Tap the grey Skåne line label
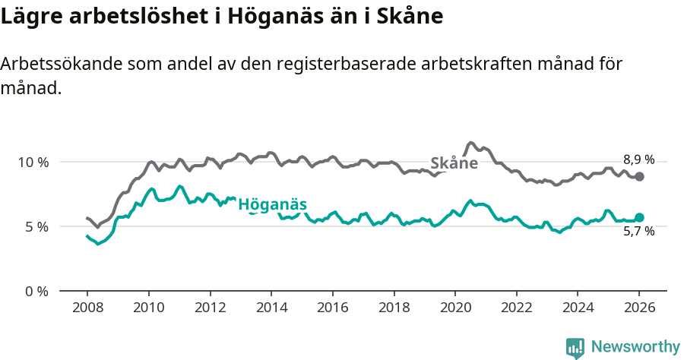coord(454,163)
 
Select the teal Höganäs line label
coord(272,204)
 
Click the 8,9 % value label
coord(638,159)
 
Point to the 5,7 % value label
coord(638,232)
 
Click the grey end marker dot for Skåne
coord(640,176)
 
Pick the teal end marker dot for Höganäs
coord(640,217)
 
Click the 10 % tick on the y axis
coord(33,162)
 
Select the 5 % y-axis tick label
coord(36,226)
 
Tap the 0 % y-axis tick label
coord(36,291)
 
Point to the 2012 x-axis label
coord(210,308)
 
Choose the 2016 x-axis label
coord(332,308)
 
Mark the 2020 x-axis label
coord(455,308)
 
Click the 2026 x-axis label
coord(639,308)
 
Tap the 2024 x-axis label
coord(578,308)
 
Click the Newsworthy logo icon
coord(575,347)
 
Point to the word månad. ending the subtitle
coord(30,88)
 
